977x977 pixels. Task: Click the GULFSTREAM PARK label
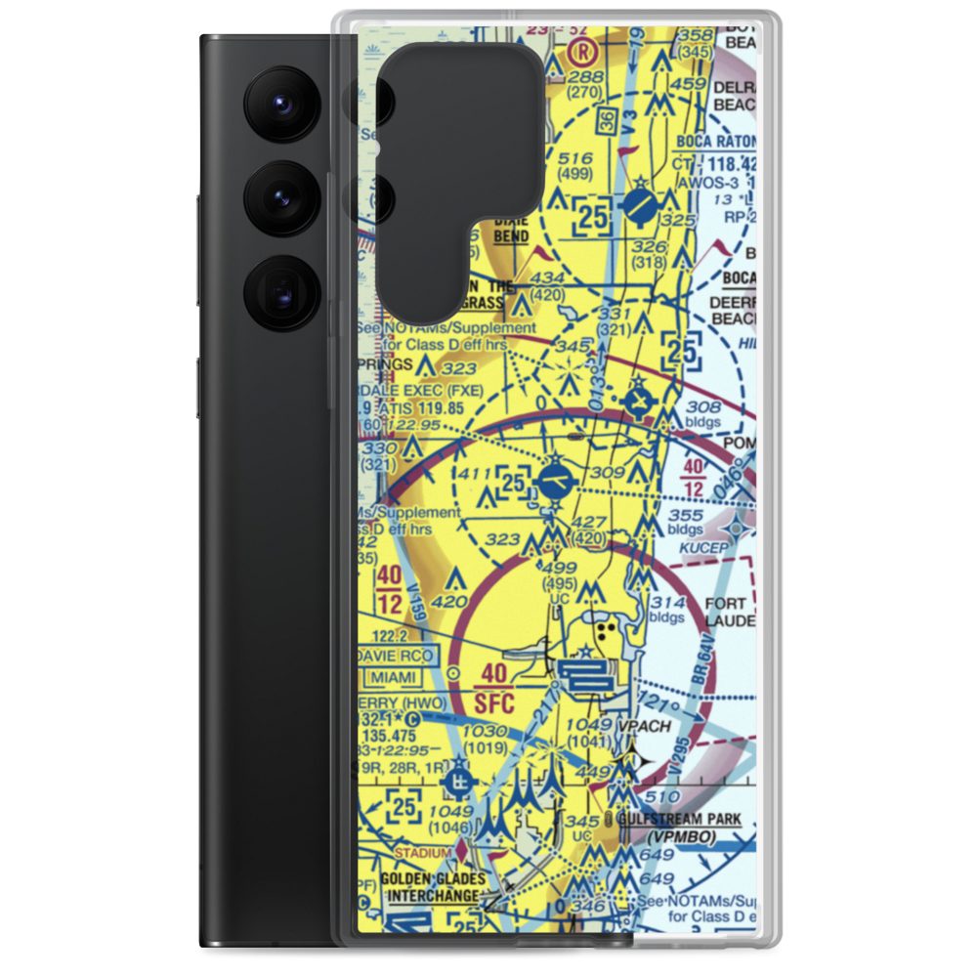point(680,819)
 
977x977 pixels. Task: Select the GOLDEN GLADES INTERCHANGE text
point(431,887)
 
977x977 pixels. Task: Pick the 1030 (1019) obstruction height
point(485,739)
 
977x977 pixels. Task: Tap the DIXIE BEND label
point(510,230)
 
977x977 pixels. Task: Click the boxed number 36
point(606,122)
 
